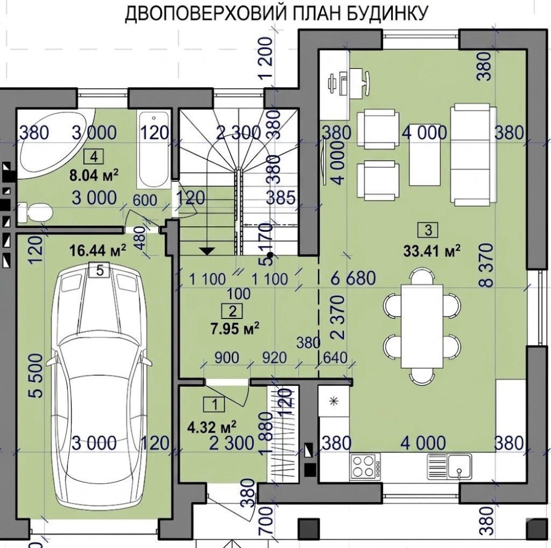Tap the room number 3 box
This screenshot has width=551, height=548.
point(428,230)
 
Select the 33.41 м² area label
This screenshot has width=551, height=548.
point(432,251)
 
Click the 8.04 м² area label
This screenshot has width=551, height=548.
point(94,175)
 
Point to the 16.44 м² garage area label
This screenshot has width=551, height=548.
point(98,251)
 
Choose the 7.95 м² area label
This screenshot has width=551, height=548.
point(235,329)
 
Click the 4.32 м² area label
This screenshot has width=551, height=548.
point(213,429)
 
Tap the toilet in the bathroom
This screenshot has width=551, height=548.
point(35,212)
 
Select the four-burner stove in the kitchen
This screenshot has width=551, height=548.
point(365,466)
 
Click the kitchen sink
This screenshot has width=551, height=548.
point(449,466)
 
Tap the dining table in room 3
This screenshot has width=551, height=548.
point(422,326)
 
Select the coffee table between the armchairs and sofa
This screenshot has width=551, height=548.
point(425,155)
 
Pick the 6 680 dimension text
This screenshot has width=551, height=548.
point(353,279)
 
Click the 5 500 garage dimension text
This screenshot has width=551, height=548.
point(37,375)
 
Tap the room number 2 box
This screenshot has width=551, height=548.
point(232,311)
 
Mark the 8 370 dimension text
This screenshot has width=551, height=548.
point(488,265)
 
